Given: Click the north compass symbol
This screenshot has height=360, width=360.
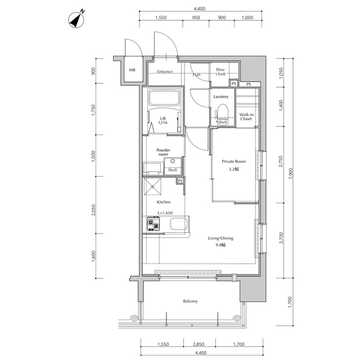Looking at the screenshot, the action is click(76, 19).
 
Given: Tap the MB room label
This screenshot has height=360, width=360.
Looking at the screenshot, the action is click(132, 70).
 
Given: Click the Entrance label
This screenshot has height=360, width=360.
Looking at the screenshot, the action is click(165, 71).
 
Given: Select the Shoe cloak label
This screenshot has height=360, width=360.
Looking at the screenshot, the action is click(220, 71).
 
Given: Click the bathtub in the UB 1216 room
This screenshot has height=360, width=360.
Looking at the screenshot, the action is click(163, 98).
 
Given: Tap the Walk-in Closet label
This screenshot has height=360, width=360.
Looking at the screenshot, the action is click(246, 116).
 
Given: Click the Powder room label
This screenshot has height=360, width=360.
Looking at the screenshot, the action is click(163, 152).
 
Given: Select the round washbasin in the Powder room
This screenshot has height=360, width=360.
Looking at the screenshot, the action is click(173, 161).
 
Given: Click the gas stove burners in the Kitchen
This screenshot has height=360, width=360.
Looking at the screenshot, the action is click(154, 224).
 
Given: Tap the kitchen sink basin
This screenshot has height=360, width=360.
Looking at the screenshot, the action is click(179, 224).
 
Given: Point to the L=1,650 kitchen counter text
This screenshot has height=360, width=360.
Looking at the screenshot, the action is click(165, 213).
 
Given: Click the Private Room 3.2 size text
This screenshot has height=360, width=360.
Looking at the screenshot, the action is click(234, 169).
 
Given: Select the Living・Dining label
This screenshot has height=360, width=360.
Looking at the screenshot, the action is click(220, 238).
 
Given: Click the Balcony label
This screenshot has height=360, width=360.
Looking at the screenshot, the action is click(190, 301).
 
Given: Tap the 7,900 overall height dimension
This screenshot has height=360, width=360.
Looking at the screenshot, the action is click(291, 174).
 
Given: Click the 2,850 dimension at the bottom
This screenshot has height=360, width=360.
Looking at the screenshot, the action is click(199, 344).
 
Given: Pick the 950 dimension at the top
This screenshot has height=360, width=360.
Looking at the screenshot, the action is click(196, 17).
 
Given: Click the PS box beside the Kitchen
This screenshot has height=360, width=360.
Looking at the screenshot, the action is click(180, 181).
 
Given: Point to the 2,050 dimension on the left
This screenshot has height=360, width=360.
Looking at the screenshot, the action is click(93, 210).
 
